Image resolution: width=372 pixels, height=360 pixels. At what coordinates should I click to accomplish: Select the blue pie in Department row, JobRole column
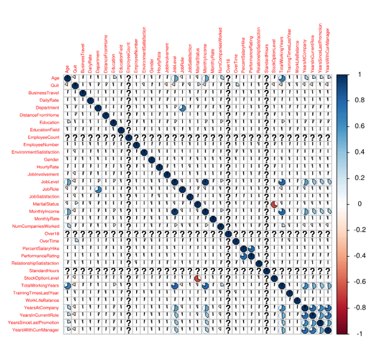pos(182,108)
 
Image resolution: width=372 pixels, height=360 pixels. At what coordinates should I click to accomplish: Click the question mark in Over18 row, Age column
pos(68,233)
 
